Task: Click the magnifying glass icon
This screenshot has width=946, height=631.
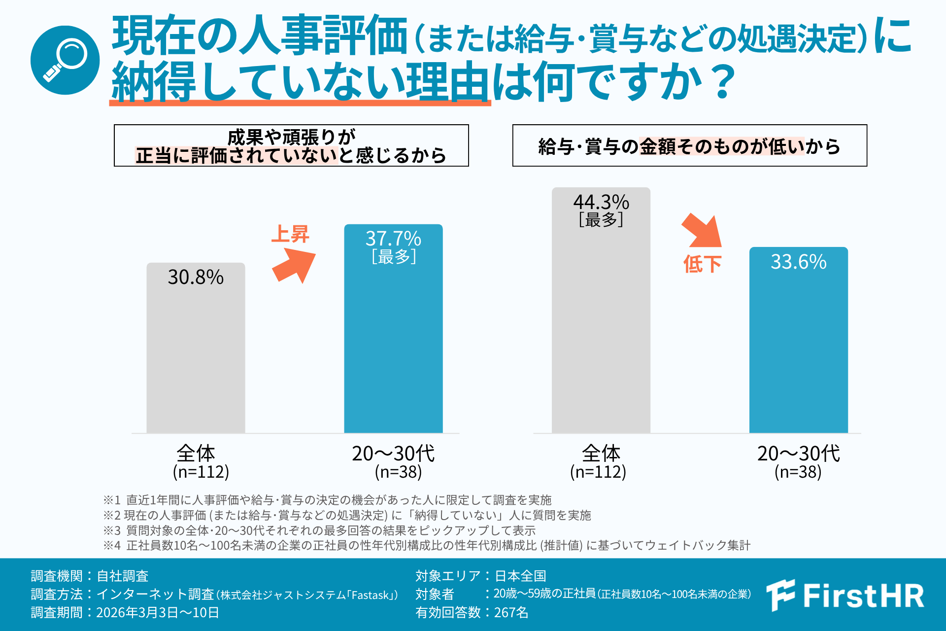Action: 65,60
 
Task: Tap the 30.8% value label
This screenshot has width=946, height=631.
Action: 196,277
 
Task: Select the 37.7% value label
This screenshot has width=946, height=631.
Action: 393,239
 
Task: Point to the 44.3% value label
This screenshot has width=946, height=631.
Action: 601,202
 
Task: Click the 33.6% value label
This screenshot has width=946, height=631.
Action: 798,262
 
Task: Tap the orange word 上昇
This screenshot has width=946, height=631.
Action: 290,234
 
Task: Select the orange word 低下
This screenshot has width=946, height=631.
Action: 702,264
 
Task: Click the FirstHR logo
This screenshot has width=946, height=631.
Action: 845,596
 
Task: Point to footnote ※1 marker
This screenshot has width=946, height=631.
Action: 111,500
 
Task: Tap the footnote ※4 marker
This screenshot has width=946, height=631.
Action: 111,545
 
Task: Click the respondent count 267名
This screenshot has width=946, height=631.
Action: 511,612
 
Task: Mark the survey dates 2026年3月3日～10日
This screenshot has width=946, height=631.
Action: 158,612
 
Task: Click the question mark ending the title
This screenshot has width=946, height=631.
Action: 723,82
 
